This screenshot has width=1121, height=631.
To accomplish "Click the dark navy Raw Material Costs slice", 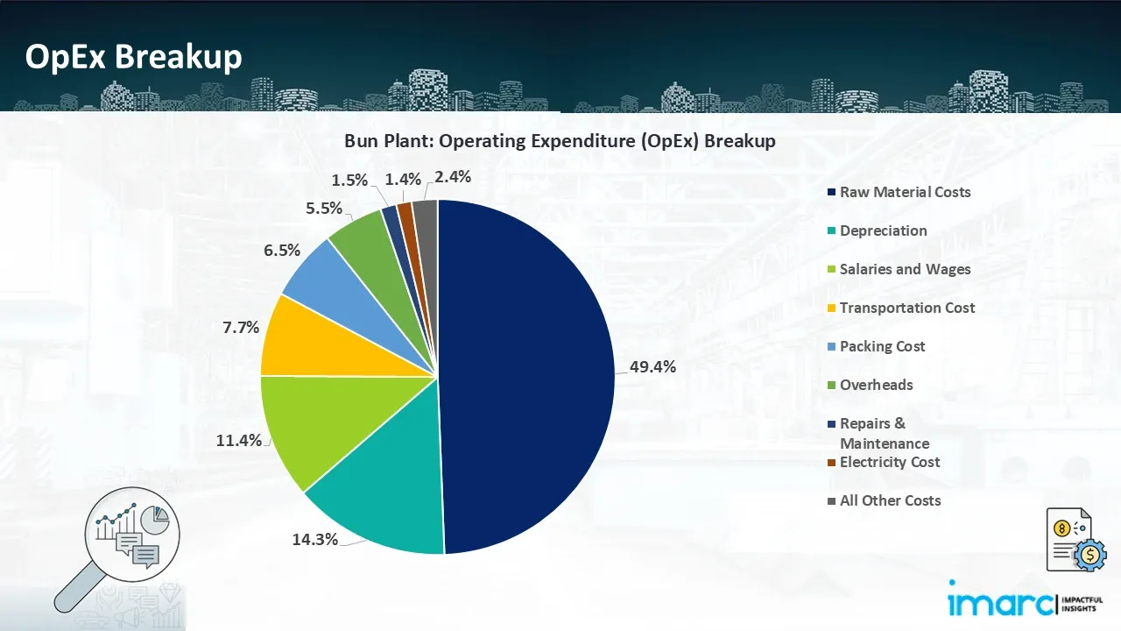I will (x=525, y=377).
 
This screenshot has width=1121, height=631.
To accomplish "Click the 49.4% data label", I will (x=652, y=367).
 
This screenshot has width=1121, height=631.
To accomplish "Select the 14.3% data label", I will (x=315, y=539).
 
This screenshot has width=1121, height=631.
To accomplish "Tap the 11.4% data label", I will (x=239, y=440).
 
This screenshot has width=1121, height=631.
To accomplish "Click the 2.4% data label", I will (x=453, y=176).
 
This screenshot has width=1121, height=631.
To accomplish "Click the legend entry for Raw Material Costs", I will (x=905, y=192).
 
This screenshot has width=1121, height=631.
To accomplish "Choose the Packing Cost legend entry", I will (x=882, y=346).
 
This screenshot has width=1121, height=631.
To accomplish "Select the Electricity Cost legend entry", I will (x=889, y=462).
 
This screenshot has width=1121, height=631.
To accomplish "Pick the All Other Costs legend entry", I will (x=890, y=500).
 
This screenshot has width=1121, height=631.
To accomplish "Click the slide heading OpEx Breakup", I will (x=133, y=57).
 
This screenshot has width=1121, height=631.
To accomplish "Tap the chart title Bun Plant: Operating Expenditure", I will (x=560, y=141).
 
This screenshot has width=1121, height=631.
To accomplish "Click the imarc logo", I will (x=999, y=603).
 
